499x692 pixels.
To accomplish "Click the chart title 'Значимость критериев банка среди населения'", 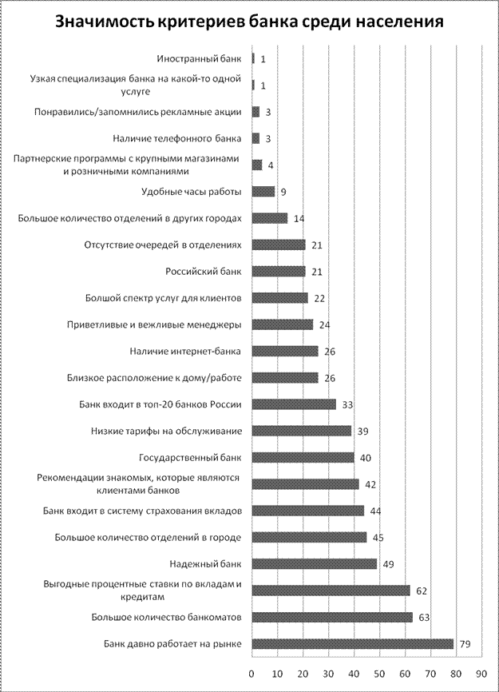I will click(249, 22).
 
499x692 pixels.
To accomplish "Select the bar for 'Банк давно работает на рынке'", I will click(352, 643).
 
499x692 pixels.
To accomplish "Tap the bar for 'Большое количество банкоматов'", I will click(332, 617).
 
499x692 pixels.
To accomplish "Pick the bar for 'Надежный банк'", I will click(314, 563).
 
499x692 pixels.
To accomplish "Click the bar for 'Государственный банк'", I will click(303, 457).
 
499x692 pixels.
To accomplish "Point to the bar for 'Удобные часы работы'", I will click(263, 191).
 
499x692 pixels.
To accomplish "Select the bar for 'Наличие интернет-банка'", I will click(285, 351).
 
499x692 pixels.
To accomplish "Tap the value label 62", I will click(422, 591).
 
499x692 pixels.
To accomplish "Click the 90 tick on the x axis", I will click(481, 673).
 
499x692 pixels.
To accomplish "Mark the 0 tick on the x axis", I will click(251, 673).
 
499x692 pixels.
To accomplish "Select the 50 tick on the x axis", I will click(379, 673).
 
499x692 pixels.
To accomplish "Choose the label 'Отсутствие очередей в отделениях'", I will click(168, 245).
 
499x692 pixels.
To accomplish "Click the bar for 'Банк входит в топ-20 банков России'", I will click(294, 404).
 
